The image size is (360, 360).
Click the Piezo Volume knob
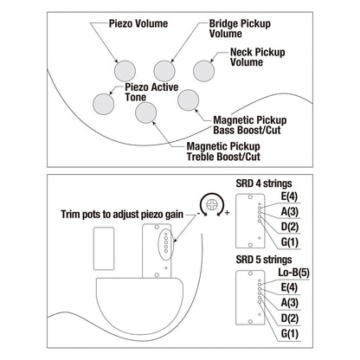(x=125, y=71)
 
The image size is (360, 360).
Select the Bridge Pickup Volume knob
(x=164, y=71)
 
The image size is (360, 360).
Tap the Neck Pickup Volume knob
(x=203, y=71)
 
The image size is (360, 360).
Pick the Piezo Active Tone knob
(x=104, y=104)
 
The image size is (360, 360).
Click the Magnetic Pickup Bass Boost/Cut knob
(x=188, y=100)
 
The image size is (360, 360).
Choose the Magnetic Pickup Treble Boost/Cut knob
(x=146, y=112)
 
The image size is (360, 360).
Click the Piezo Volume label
(x=138, y=23)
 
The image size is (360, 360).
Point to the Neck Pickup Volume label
(x=258, y=57)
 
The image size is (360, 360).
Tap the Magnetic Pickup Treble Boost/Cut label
(x=223, y=151)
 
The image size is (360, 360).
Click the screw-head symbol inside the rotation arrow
(x=212, y=204)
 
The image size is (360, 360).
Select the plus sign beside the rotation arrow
(x=228, y=213)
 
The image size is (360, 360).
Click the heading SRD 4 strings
(x=264, y=183)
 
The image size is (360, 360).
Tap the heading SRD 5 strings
(x=264, y=260)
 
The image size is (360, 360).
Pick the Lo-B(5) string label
(x=293, y=273)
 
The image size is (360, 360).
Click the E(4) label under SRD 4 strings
(x=289, y=196)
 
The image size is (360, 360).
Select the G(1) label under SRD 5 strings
(x=290, y=334)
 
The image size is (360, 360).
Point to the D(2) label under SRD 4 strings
(x=290, y=227)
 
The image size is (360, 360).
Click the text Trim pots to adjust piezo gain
(x=122, y=215)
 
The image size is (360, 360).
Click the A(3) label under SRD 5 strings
(x=290, y=303)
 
